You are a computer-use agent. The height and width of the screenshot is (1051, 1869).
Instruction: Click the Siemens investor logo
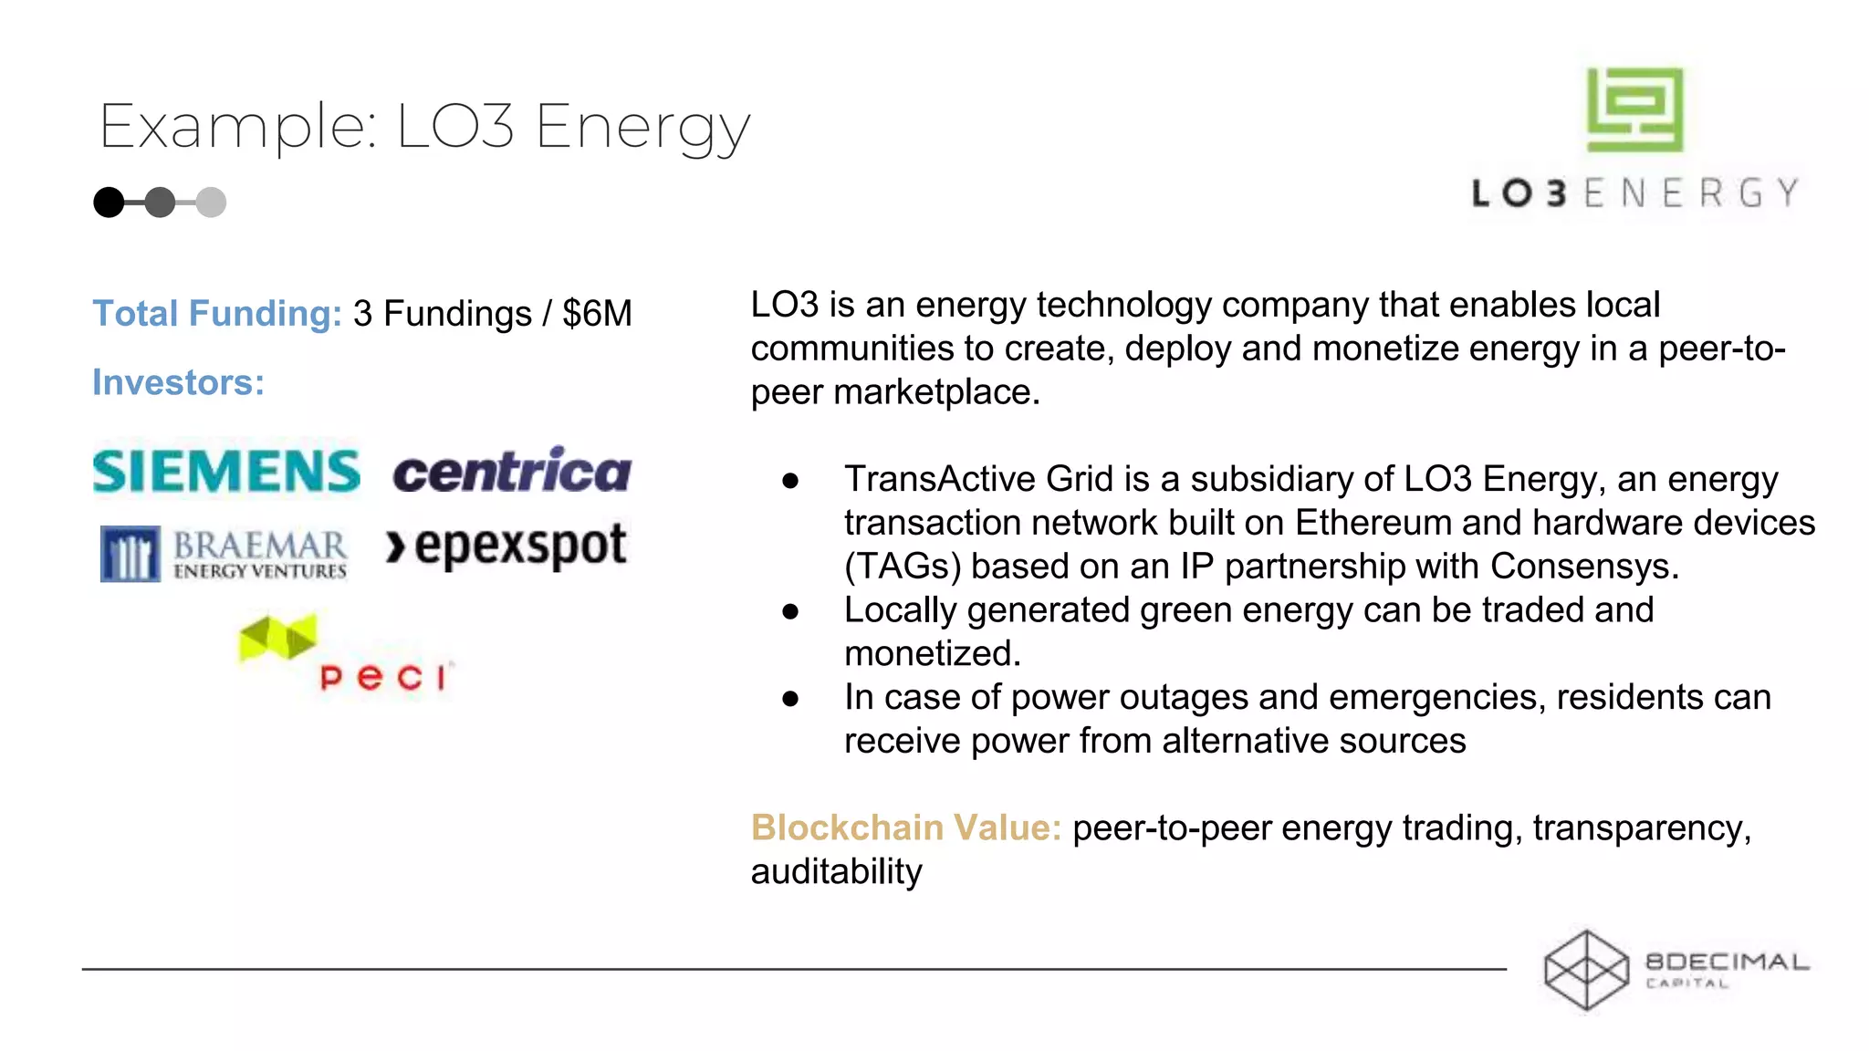[x=226, y=471]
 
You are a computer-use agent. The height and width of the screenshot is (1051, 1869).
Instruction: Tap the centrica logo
[x=512, y=471]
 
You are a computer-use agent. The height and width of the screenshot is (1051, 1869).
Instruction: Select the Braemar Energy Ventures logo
[x=224, y=554]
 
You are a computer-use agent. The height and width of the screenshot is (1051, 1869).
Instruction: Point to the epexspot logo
[x=506, y=546]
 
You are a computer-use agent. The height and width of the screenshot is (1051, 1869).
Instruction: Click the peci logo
[x=345, y=654]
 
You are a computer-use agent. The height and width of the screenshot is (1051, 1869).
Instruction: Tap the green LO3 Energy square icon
[x=1634, y=109]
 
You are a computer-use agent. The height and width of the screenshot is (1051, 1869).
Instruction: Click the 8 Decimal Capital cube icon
[x=1586, y=970]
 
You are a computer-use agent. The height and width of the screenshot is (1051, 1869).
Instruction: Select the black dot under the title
[x=109, y=202]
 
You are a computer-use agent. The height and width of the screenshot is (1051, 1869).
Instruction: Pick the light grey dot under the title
[x=211, y=202]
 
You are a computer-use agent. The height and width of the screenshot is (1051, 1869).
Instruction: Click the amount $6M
[x=597, y=314]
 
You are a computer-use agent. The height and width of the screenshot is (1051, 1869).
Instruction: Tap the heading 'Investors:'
[x=179, y=382]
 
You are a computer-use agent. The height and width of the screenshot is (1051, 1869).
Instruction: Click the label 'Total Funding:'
[x=217, y=314]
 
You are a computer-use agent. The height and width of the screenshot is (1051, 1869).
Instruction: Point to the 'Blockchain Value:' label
[x=905, y=827]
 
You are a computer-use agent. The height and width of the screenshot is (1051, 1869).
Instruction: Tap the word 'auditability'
[x=836, y=871]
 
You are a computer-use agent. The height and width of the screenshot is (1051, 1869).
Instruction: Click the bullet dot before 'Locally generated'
[x=790, y=611]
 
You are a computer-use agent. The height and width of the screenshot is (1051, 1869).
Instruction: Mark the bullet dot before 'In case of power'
[x=790, y=699]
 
